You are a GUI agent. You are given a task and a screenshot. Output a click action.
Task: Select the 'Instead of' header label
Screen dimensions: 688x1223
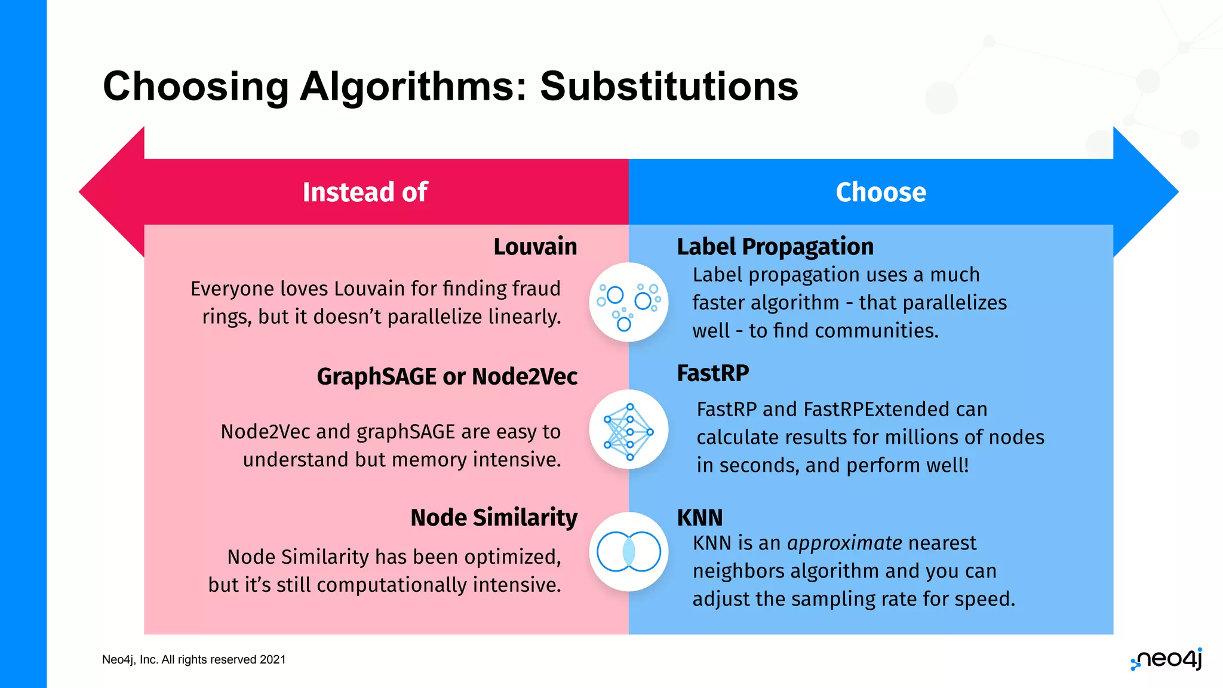pos(365,192)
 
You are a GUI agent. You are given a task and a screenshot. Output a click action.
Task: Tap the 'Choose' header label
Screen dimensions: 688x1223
pos(881,192)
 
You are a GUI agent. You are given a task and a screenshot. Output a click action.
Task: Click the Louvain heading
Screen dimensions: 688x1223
pos(535,247)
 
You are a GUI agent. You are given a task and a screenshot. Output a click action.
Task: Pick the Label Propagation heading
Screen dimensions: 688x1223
pos(775,247)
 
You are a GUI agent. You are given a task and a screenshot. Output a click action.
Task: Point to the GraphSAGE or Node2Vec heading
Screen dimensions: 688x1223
pos(447,377)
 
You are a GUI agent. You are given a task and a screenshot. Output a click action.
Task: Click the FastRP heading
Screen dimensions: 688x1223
pos(712,373)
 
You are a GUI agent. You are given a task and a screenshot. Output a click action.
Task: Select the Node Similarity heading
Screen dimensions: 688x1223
pos(494,518)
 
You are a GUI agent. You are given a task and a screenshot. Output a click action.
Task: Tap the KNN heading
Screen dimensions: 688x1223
pos(699,518)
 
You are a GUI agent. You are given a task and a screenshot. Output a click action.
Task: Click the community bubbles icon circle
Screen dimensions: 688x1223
pos(628,302)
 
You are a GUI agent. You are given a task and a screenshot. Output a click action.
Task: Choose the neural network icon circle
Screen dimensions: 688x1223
pos(628,429)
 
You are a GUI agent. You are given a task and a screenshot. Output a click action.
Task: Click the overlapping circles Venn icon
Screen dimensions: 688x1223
pos(628,552)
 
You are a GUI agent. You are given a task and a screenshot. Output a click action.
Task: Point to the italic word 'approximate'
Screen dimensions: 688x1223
pos(844,543)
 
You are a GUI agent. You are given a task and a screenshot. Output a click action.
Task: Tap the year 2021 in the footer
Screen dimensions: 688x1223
pos(273,660)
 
